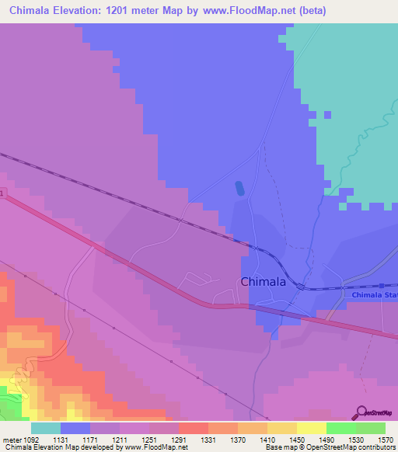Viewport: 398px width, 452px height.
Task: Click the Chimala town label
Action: pyautogui.click(x=263, y=282)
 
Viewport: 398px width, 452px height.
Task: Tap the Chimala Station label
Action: pyautogui.click(x=374, y=296)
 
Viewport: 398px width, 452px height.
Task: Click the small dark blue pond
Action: pyautogui.click(x=239, y=188)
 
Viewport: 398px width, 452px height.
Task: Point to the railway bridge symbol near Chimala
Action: pyautogui.click(x=299, y=287)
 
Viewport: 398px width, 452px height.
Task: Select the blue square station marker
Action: pyautogui.click(x=382, y=285)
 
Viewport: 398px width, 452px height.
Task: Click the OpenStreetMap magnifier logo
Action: pyautogui.click(x=362, y=412)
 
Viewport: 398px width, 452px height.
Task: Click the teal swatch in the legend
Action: pyautogui.click(x=46, y=427)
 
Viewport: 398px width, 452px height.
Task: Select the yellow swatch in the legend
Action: pyautogui.click(x=311, y=427)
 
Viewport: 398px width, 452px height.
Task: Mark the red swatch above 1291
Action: pyautogui.click(x=193, y=427)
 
